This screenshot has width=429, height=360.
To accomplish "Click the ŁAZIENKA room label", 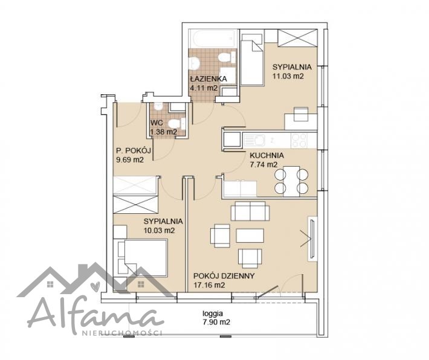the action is tap(208, 79).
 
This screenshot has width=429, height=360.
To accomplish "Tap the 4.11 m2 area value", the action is tap(204, 88).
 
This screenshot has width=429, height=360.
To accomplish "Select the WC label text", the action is tap(156, 123).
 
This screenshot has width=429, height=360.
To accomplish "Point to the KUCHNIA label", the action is tap(266, 155).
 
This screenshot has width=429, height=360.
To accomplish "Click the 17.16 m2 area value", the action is tap(209, 285).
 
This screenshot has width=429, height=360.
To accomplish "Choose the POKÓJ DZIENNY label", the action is tap(224, 276).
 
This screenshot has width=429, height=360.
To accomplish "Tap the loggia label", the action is tap(213, 313).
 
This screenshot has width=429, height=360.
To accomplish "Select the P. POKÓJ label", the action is tap(134, 150).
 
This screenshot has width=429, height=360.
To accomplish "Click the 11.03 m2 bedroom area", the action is tap(288, 76).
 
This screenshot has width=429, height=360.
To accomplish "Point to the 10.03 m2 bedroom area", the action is tap(160, 231).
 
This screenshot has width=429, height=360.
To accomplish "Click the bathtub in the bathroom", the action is tap(213, 39).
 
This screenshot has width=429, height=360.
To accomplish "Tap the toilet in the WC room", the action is tap(176, 124).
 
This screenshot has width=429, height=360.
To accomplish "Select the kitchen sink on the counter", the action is tap(254, 140).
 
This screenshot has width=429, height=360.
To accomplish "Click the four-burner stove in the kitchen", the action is tap(300, 140).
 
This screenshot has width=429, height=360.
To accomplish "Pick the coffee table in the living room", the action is tap(250, 236).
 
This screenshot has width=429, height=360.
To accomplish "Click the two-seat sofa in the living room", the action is tap(250, 211).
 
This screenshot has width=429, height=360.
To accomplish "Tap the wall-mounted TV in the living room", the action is tap(312, 239).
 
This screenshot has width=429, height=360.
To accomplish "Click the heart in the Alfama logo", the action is tap(95, 286).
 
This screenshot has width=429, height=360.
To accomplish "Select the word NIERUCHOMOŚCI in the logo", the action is tap(122, 333).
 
